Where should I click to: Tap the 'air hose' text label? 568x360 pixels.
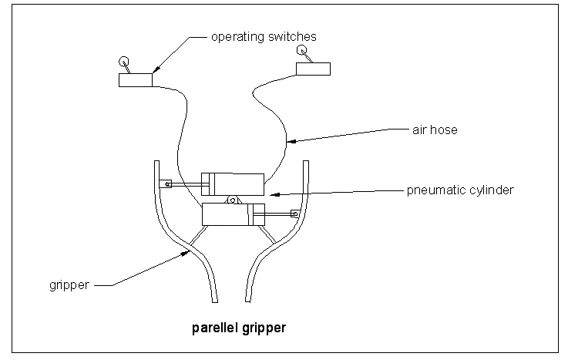click(435, 130)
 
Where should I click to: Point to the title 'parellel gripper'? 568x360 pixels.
click(238, 328)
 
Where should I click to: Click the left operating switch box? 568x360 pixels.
click(136, 79)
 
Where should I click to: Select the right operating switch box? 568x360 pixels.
click(314, 69)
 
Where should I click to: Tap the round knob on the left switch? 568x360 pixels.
click(123, 62)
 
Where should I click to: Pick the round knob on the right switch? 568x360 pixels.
click(301, 50)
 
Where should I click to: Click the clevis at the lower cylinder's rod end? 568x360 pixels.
click(294, 214)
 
